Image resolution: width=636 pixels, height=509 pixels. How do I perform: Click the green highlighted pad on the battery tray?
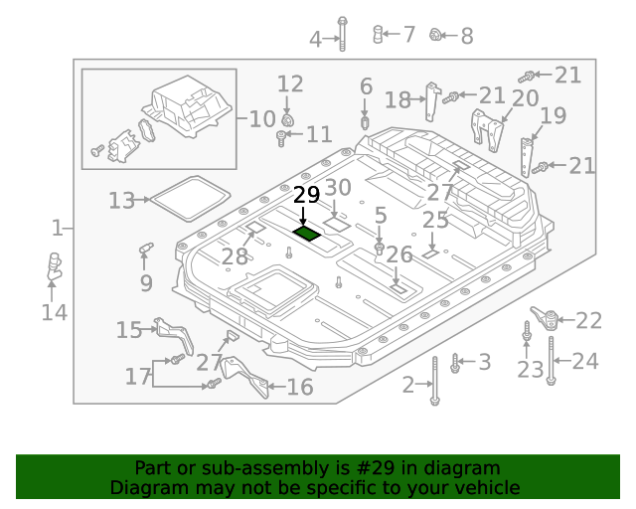coord(306,234)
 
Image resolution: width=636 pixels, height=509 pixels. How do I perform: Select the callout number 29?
coord(306,194)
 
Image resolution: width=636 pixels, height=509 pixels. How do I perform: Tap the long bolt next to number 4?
coord(342,34)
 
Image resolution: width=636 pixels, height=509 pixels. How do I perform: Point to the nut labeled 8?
coord(434,36)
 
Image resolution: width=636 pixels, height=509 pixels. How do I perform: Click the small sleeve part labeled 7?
coord(379,35)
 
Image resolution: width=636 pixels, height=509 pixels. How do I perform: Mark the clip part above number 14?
coord(54,266)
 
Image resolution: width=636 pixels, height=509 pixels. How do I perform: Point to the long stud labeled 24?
coord(551,360)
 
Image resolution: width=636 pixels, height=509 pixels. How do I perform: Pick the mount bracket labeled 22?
coord(543,319)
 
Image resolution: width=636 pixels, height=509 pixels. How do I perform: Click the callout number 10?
coord(261,119)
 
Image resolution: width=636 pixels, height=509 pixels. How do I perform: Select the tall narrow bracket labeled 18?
coord(432,100)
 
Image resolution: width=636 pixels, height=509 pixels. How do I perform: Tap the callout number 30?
coord(338,188)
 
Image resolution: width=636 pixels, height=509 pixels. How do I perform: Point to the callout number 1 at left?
coord(57,229)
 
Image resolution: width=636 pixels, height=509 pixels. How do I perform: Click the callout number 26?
coord(398,254)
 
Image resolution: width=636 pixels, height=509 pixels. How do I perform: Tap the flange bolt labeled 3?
coord(455,363)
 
